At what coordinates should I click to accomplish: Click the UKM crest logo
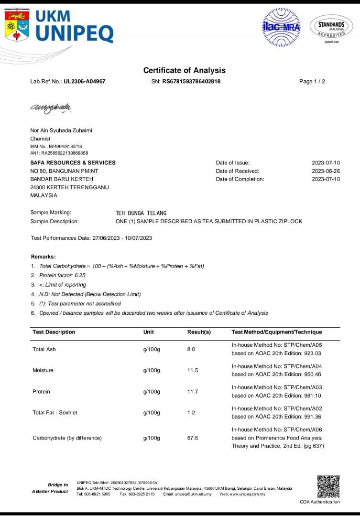click(17, 25)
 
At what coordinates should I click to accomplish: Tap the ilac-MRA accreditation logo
click(281, 27)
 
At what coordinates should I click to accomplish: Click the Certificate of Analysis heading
click(184, 70)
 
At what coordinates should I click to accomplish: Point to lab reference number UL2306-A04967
click(85, 81)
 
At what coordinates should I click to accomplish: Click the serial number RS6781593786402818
click(191, 81)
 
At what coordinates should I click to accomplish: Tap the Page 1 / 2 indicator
click(312, 81)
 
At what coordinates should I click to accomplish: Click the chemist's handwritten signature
click(51, 107)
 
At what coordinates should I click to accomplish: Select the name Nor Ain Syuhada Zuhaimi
click(61, 130)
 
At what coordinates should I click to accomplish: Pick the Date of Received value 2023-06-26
click(326, 171)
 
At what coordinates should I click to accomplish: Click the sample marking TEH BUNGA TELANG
click(141, 213)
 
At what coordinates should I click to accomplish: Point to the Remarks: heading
click(44, 257)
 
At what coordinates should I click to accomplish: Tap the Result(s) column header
click(199, 332)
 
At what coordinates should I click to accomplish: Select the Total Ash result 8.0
click(191, 349)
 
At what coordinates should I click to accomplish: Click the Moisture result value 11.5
click(193, 370)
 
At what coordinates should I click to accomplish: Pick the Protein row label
click(41, 391)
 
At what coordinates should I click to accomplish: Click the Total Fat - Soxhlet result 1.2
click(191, 412)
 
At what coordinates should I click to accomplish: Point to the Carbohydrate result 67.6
click(193, 438)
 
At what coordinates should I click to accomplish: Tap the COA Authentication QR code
click(328, 486)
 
